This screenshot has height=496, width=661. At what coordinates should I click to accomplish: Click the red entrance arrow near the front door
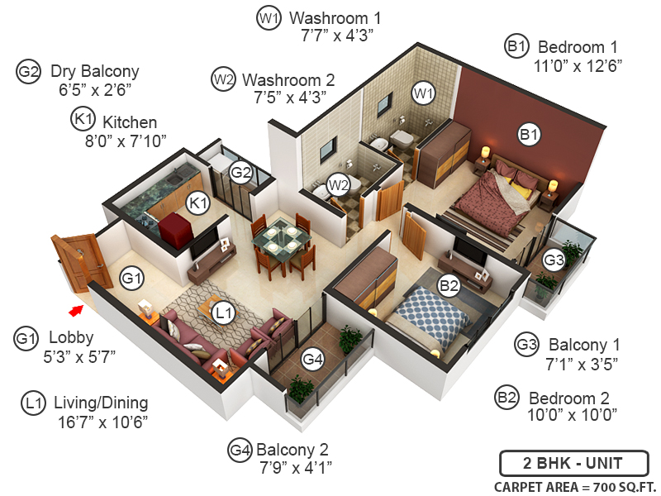tap(76, 310)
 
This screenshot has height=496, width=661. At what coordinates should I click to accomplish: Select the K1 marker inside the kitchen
tap(199, 202)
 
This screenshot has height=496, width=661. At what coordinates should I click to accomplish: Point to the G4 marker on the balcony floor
tap(313, 359)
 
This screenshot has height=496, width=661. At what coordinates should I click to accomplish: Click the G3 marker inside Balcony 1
tap(554, 260)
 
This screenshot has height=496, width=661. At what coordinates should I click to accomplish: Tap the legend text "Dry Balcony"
tap(94, 71)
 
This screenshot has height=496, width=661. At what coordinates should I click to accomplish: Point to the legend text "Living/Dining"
tap(101, 403)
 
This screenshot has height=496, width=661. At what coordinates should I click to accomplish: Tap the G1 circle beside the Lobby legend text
tap(26, 338)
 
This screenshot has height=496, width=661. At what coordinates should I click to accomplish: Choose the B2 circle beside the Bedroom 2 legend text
tap(506, 397)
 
